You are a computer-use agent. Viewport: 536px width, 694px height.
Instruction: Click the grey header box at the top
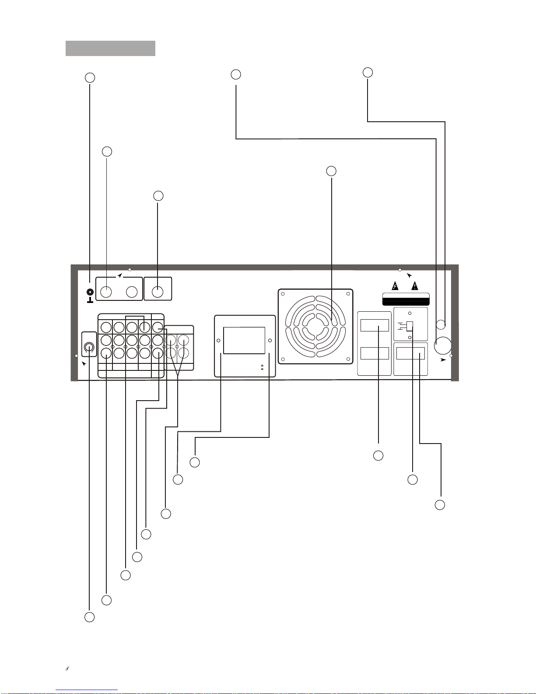[x=110, y=48]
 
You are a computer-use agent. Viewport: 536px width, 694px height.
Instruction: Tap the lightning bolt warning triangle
[x=395, y=286]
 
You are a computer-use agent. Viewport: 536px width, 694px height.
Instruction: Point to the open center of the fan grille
[x=315, y=326]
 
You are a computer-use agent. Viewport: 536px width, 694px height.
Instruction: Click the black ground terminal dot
[x=90, y=292]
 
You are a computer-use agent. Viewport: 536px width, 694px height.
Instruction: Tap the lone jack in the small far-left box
[x=89, y=348]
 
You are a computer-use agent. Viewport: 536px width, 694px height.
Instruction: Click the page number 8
[x=68, y=669]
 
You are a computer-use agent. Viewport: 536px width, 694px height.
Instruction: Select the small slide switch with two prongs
[x=410, y=326]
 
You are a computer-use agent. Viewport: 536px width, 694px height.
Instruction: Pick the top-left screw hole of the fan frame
[x=283, y=294]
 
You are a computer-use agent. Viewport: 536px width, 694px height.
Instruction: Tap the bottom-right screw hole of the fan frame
[x=348, y=359]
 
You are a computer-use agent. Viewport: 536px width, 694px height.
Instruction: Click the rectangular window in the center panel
[x=244, y=340]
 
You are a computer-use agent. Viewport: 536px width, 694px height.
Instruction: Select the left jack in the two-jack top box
[x=106, y=291]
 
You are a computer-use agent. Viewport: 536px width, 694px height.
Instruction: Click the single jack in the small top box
[x=158, y=291]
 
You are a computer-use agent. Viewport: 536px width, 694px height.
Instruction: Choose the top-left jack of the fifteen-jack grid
[x=105, y=327]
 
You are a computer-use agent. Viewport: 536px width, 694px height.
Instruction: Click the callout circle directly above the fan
[x=331, y=171]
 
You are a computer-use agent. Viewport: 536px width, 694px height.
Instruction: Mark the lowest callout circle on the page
[x=89, y=617]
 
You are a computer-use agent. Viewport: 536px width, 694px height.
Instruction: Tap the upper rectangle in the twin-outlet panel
[x=375, y=325]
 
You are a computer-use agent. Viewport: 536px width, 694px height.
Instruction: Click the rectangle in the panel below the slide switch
[x=410, y=353]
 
